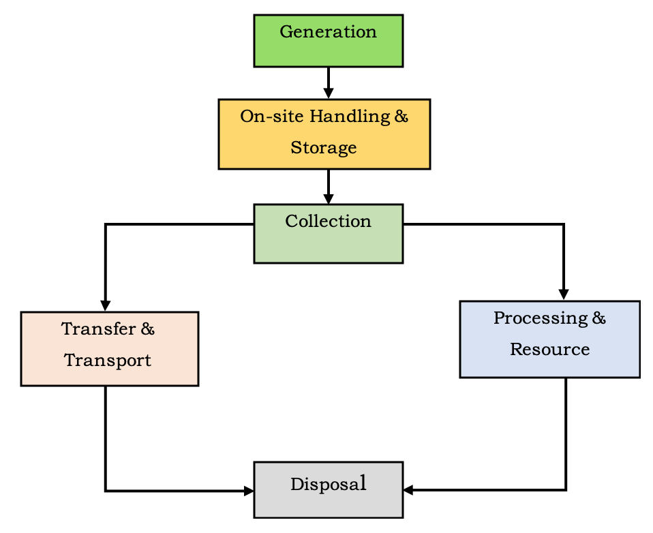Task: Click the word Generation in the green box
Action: (328, 32)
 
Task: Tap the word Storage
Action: (324, 148)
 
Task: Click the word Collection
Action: (328, 222)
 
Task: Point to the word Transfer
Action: (99, 329)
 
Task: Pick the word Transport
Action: (108, 361)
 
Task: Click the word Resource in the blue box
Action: (549, 350)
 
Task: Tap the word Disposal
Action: (329, 485)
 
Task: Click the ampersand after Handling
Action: (401, 117)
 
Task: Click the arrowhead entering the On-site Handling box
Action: (329, 94)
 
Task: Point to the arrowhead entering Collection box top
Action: (329, 199)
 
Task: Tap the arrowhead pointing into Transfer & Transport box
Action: (106, 306)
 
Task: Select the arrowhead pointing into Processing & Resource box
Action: (564, 295)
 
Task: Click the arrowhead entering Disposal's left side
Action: (249, 490)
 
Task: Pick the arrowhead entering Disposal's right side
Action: (408, 489)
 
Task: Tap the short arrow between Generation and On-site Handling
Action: (329, 80)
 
